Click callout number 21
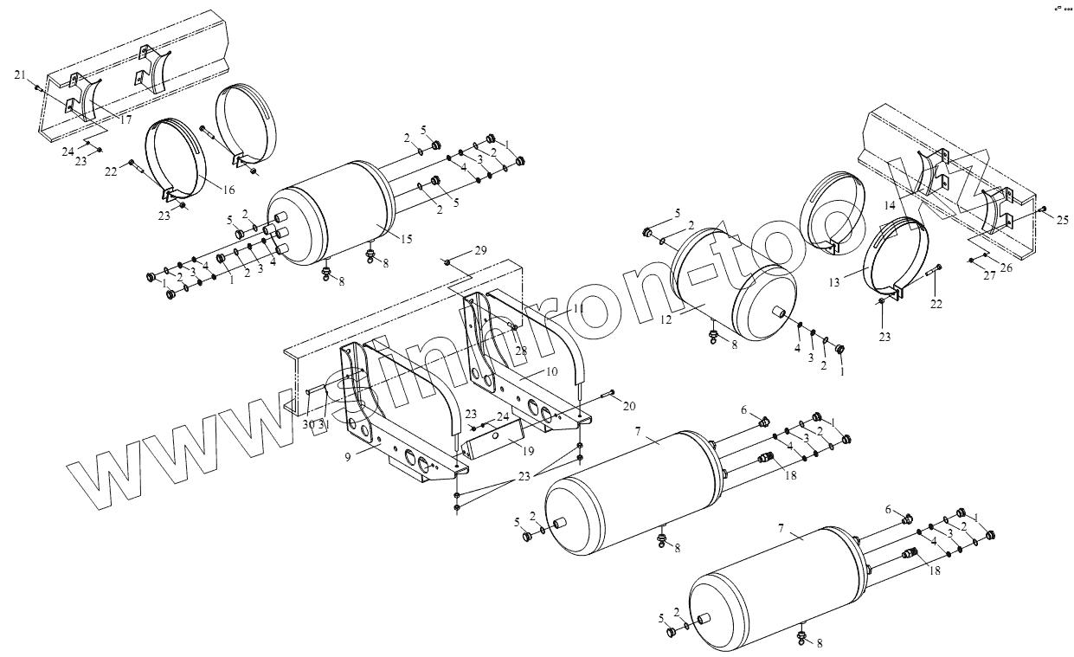[20, 76]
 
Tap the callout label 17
[126, 120]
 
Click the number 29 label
[481, 250]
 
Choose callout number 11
[578, 310]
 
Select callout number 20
[629, 406]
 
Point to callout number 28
[521, 350]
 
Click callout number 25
[1062, 219]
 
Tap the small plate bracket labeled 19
[489, 444]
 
